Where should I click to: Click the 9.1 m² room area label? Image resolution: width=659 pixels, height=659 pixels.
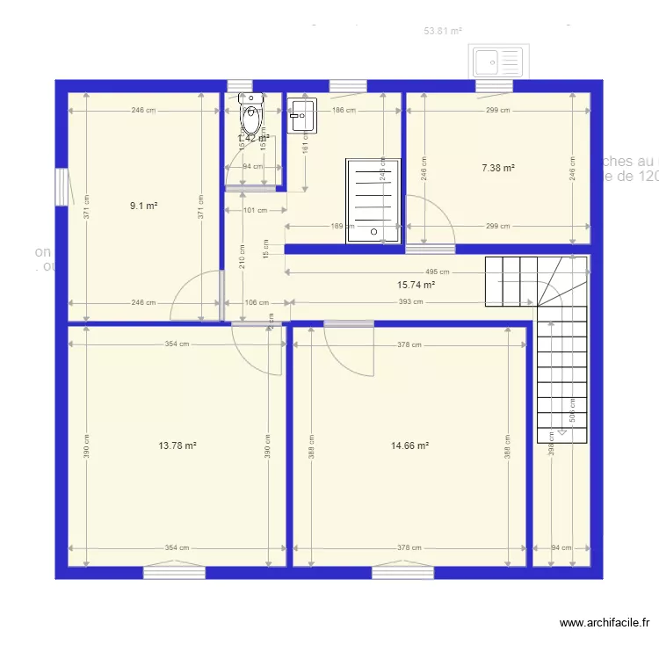tap(143, 206)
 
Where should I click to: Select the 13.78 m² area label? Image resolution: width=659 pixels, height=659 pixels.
tap(177, 445)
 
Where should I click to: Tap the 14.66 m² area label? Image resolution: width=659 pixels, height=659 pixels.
tap(409, 445)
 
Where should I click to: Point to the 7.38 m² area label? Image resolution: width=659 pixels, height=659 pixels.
tap(497, 168)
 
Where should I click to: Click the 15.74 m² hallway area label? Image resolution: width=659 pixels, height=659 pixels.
tap(416, 285)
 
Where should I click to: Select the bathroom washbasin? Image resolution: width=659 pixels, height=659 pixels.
tap(301, 115)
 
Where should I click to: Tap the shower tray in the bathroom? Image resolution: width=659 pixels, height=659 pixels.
tap(373, 199)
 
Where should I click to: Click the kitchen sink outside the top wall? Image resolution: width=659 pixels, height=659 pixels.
tap(498, 62)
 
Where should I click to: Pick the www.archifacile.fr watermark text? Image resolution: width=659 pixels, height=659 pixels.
tap(605, 623)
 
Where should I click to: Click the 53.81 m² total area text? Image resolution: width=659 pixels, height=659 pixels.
tap(443, 31)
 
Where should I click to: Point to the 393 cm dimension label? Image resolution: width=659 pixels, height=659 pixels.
tap(405, 302)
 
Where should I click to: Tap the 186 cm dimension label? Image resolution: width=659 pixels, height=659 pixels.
tap(344, 111)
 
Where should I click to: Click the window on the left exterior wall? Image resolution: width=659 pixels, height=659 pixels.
tap(61, 187)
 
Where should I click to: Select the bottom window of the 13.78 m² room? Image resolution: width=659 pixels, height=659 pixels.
tap(174, 573)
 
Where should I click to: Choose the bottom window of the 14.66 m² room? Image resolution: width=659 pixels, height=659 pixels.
tap(402, 573)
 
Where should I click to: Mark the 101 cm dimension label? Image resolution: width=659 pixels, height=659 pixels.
tap(254, 211)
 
